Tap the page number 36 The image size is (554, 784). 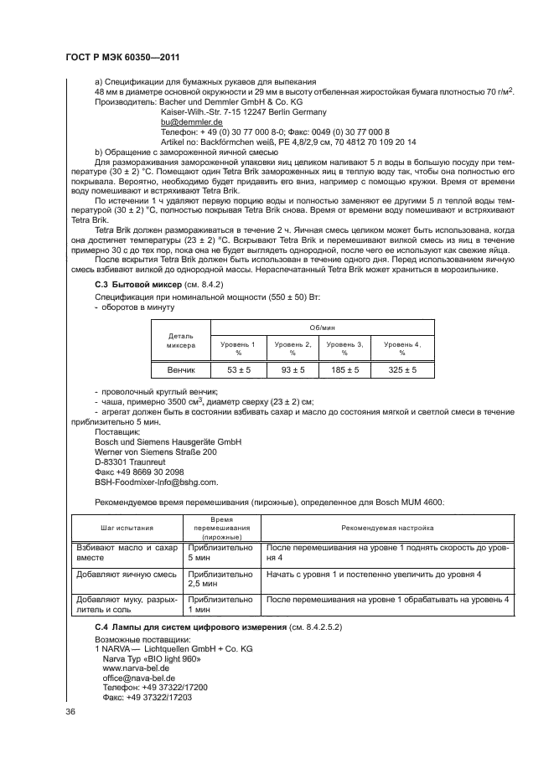70,712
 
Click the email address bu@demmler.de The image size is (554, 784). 185,121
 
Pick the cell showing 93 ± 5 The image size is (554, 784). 293,369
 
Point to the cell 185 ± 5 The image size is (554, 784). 344,369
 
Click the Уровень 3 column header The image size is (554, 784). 344,348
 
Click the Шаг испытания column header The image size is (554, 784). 127,529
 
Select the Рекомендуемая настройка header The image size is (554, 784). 386,529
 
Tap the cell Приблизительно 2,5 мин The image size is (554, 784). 221,580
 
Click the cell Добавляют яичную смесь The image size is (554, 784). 126,575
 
